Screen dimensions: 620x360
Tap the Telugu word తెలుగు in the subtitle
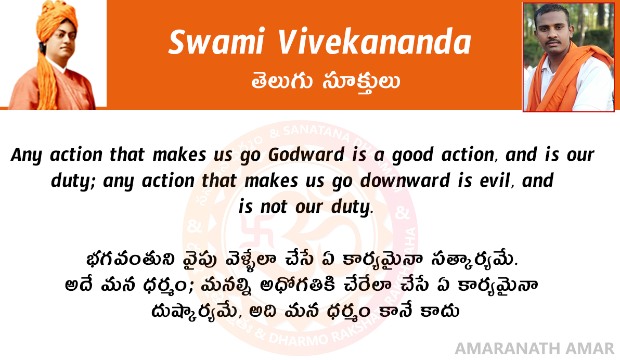281,81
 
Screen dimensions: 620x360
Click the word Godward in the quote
306,155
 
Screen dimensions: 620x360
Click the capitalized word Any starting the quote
26,155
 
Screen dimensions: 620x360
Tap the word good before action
412,155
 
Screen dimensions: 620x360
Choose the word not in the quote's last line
274,207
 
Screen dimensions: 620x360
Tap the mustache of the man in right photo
553,41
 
